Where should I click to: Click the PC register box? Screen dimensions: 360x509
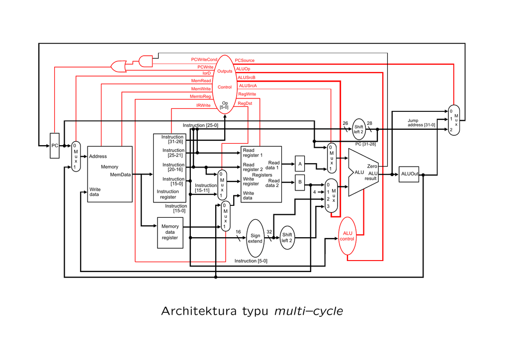(x=55, y=146)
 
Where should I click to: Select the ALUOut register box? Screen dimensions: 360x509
(x=409, y=174)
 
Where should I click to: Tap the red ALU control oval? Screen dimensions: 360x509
(x=347, y=236)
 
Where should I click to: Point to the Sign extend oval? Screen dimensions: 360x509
(x=255, y=238)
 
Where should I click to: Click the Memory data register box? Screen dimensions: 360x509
(x=170, y=232)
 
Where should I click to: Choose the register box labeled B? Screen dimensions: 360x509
(x=300, y=182)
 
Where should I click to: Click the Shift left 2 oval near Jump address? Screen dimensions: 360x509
(x=359, y=129)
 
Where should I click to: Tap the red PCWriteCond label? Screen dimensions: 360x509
(x=204, y=60)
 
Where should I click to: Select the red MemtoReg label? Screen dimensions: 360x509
(x=200, y=96)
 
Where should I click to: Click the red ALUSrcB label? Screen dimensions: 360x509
(x=247, y=78)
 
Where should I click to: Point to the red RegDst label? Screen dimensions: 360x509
(x=245, y=103)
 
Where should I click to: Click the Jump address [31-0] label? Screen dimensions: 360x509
(x=421, y=123)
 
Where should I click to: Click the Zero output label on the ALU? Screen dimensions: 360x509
(x=372, y=166)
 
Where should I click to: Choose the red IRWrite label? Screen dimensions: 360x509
(x=203, y=105)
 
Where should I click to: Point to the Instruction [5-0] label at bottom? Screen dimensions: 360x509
(x=251, y=261)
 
